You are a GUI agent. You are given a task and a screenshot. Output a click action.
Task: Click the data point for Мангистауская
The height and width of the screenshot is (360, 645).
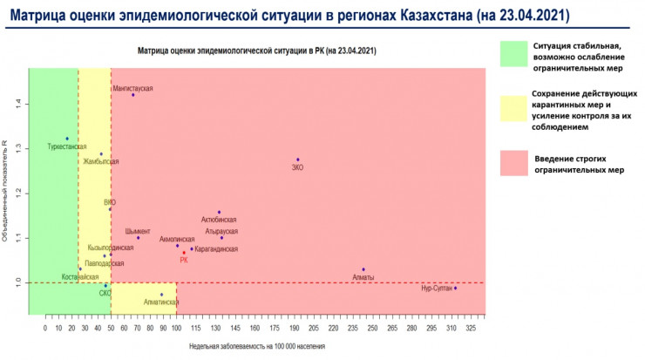point(133,95)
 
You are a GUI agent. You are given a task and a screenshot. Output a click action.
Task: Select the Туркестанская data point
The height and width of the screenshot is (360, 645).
point(67,139)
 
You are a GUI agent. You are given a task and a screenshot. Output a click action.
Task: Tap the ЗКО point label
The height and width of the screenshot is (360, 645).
point(298,167)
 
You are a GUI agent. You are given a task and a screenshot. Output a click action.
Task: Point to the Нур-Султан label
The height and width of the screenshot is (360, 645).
point(436,289)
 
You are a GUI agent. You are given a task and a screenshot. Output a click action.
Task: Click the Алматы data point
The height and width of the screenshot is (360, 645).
point(363,269)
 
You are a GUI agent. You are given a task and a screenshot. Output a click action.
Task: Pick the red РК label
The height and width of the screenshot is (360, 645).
point(184,260)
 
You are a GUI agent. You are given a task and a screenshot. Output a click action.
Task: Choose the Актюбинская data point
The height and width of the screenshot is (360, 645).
point(219,212)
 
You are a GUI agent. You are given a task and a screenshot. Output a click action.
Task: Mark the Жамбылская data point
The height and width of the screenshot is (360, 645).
point(101,154)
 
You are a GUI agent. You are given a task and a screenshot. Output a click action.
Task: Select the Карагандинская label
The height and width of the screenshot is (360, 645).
point(217,249)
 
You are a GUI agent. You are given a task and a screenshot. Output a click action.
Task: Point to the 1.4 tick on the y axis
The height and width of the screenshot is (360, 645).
point(18,104)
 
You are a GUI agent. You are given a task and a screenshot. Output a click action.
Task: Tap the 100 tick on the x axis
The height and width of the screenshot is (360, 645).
point(177,329)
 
